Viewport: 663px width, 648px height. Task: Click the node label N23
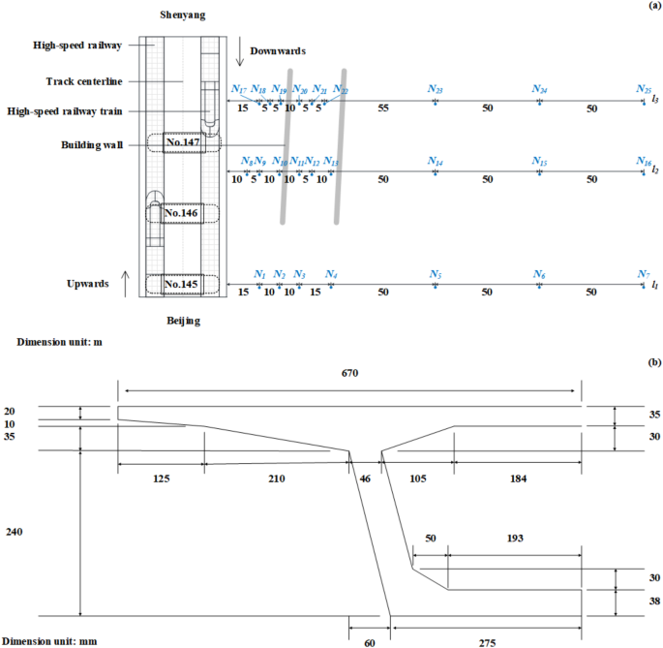pos(436,89)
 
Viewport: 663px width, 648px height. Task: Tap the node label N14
pos(436,162)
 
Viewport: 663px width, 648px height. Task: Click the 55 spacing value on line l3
pos(383,109)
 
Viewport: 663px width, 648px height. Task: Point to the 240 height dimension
pos(15,532)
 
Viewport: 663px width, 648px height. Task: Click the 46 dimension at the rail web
pos(364,478)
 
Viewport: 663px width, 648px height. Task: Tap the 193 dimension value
pos(514,538)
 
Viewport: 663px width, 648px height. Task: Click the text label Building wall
pos(92,145)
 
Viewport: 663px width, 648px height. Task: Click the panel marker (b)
pos(654,361)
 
